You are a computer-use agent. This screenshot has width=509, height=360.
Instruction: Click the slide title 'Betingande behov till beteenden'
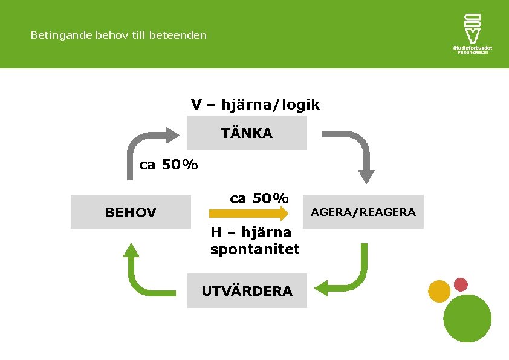click(x=118, y=35)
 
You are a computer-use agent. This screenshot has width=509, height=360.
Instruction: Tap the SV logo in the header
click(x=472, y=28)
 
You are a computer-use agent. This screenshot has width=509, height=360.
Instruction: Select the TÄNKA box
click(x=247, y=133)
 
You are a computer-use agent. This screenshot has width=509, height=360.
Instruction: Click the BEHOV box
click(x=131, y=212)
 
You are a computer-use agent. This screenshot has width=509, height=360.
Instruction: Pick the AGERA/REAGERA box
click(x=363, y=212)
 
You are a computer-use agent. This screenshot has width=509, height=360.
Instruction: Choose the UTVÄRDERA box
click(x=247, y=291)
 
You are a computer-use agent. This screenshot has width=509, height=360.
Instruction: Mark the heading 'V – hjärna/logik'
click(x=255, y=105)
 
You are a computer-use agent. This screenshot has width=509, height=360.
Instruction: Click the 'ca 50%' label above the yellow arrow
click(x=259, y=198)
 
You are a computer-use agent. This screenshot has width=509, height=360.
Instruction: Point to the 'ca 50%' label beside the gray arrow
click(x=169, y=165)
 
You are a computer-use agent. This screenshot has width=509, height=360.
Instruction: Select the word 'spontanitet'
click(x=255, y=249)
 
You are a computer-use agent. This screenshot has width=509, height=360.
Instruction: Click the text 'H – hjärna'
click(x=251, y=232)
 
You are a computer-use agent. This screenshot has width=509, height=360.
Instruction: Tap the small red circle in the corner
click(x=461, y=284)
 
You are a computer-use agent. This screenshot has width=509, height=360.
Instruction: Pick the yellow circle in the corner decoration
click(x=439, y=291)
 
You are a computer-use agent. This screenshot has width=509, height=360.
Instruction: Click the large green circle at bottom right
click(x=467, y=318)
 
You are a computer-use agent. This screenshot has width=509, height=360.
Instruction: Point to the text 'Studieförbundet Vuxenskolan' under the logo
click(x=472, y=50)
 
